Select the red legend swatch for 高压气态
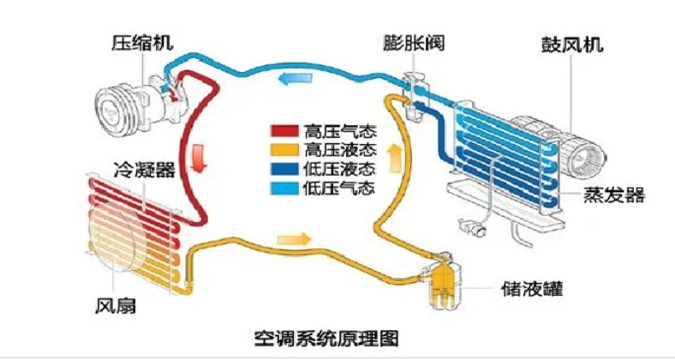(283, 131)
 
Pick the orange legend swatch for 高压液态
(283, 149)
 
